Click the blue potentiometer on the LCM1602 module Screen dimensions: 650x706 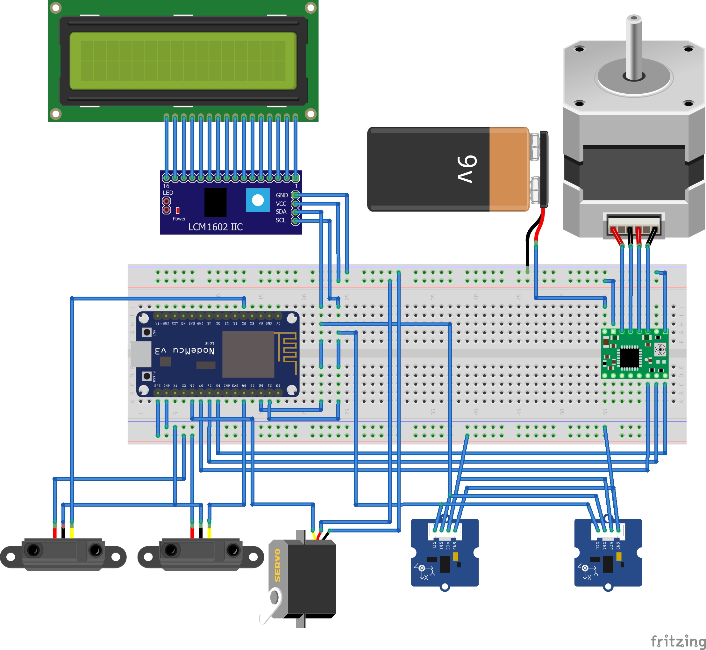pos(258,200)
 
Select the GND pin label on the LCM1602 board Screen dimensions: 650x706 pos(282,195)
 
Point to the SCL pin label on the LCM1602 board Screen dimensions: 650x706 pos(281,220)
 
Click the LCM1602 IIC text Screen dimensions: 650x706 pos(215,227)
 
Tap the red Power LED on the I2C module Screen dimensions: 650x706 pos(178,210)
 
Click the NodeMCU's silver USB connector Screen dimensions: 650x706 pos(140,353)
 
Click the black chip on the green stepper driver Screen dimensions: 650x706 pos(629,357)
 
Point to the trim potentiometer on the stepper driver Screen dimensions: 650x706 pos(660,350)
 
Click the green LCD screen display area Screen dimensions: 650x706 pos(183,61)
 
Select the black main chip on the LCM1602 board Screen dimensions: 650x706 pos(215,202)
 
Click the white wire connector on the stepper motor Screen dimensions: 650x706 pos(634,225)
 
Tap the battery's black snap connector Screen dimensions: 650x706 pos(544,169)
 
